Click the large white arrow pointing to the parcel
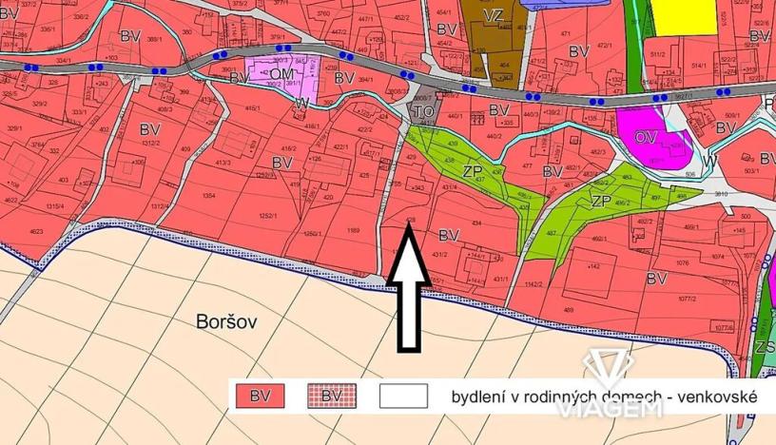[x=406, y=295]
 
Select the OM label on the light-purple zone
[x=280, y=74]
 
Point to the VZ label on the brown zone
[x=493, y=16]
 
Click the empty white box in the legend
[x=403, y=396]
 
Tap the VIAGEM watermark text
[x=622, y=408]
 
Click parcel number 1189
[x=353, y=229]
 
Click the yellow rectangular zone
[x=684, y=17]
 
